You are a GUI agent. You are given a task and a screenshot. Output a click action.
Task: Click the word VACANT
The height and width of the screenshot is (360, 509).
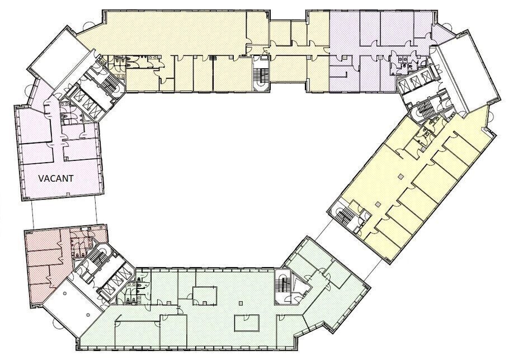56,178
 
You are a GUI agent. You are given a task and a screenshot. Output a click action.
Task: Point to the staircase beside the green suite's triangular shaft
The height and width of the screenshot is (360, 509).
282,286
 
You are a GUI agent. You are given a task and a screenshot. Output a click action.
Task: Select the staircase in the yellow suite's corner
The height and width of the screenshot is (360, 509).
346,216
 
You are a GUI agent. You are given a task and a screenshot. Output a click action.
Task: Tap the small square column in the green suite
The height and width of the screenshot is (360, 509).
240,304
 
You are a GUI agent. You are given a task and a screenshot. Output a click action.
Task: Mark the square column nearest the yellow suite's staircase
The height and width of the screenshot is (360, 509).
377,205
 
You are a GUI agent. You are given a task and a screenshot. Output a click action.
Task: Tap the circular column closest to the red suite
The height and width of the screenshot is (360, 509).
65,293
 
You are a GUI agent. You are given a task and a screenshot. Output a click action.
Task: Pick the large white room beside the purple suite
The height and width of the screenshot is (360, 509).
466,72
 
